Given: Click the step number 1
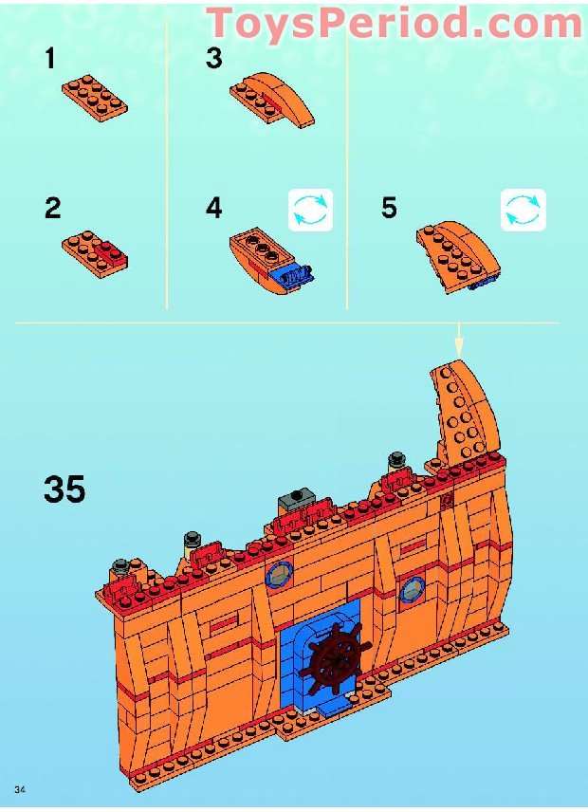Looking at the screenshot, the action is pyautogui.click(x=49, y=58).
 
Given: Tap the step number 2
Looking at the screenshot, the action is pyautogui.click(x=53, y=208).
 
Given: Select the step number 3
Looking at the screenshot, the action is pyautogui.click(x=213, y=58).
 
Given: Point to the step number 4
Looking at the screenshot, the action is pyautogui.click(x=213, y=208).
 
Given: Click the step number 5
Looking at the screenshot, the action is pyautogui.click(x=389, y=208).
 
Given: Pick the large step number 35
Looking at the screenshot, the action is pyautogui.click(x=64, y=489).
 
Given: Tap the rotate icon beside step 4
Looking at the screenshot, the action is pyautogui.click(x=310, y=210).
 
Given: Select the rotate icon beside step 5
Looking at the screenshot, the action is pyautogui.click(x=523, y=210).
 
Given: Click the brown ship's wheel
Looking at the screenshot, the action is pyautogui.click(x=336, y=657).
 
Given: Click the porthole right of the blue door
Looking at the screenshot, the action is pyautogui.click(x=412, y=589).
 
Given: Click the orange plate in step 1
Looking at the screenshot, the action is pyautogui.click(x=95, y=98).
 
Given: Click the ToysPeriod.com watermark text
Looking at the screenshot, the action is pyautogui.click(x=395, y=24).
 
